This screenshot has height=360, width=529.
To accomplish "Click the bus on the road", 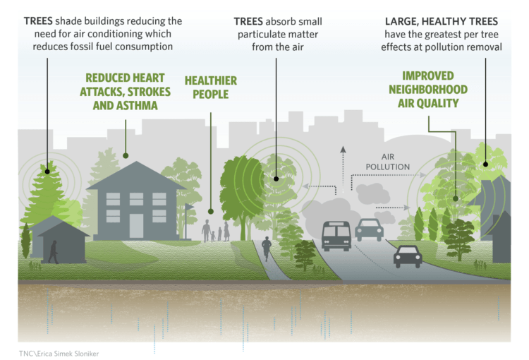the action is point(336,236).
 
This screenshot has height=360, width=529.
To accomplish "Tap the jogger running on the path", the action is point(267,248).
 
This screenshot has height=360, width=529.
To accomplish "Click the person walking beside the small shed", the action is point(54,252).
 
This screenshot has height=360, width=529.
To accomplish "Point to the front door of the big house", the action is point(136,226).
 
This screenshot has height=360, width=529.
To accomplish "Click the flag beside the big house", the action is point(188,220).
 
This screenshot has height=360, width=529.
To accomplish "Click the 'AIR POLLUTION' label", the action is point(388,162).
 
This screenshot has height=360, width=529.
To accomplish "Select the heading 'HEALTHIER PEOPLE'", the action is point(211,88).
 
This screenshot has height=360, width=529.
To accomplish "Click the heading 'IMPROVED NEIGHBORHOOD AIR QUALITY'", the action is point(428,90).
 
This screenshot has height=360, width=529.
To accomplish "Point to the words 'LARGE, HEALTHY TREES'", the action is point(442,21).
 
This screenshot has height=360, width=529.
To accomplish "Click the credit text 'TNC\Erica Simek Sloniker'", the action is point(59,354).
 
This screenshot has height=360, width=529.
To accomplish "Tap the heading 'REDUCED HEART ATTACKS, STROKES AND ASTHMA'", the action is point(125,92).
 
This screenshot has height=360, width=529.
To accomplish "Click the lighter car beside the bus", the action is point(369,229).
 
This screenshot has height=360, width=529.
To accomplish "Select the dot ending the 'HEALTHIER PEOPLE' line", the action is point(211,211).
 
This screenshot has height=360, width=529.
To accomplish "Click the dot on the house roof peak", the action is point(126,156).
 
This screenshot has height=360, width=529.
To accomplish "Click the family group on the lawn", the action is point(216,231).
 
